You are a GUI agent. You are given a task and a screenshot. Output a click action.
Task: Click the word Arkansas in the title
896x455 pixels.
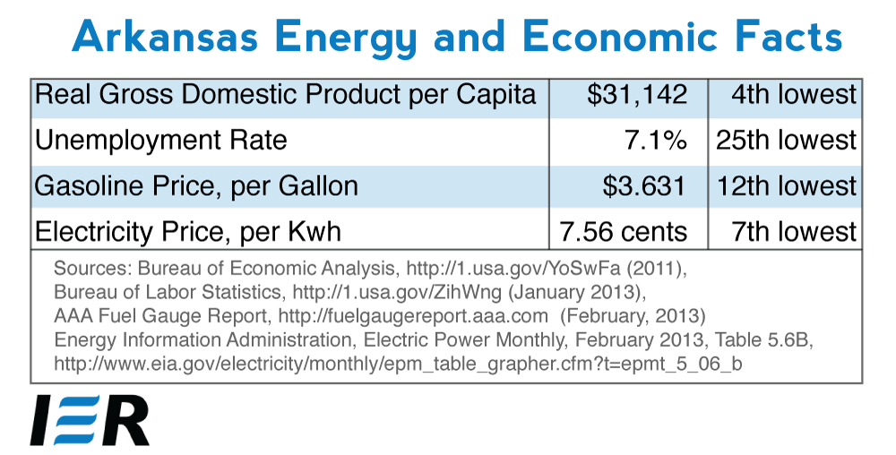[x=165, y=37]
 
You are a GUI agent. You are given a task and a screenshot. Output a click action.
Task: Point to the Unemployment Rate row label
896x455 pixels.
[x=160, y=141]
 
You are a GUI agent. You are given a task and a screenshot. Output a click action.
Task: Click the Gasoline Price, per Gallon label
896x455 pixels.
[x=196, y=186]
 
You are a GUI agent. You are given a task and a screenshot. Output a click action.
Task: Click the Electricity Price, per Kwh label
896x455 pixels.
[x=188, y=232]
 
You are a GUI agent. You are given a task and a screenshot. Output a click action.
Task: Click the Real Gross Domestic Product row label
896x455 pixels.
[x=286, y=95]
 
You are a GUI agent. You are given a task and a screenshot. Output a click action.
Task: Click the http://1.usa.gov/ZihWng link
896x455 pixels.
[x=397, y=292]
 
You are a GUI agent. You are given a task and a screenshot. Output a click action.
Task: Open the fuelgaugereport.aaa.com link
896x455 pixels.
[x=414, y=315]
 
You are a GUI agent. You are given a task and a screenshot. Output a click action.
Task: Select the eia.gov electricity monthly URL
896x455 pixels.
[x=398, y=364]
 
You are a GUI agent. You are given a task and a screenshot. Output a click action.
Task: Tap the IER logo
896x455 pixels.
[x=90, y=419]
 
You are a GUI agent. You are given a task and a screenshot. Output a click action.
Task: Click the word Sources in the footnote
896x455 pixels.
[x=93, y=269]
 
